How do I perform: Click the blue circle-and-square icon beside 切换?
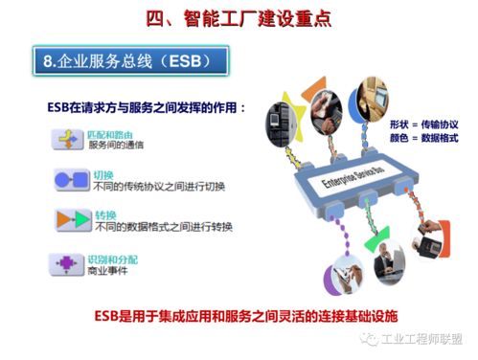point(70,180)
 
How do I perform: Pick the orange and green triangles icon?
point(70,219)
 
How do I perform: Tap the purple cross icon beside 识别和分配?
point(70,261)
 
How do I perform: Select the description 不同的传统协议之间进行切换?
point(159,186)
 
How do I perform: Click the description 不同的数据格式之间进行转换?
point(159,226)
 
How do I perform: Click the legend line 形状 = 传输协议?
point(423,125)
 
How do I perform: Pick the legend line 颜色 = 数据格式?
point(423,140)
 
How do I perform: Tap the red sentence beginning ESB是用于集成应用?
point(244,314)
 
